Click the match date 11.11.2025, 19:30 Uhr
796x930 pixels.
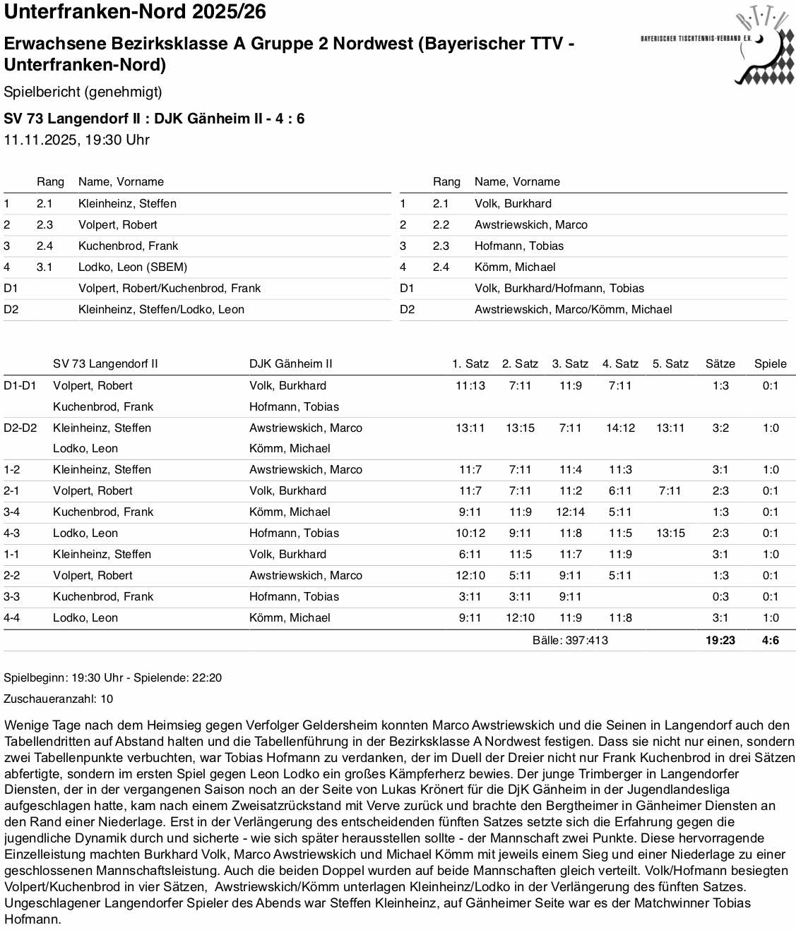(76, 140)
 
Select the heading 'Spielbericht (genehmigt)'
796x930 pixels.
(83, 92)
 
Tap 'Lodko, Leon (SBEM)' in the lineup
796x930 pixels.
(133, 267)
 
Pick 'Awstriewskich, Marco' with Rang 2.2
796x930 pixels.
(530, 224)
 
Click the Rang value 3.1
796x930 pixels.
(44, 267)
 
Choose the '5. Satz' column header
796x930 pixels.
(670, 363)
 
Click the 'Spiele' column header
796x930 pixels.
(770, 363)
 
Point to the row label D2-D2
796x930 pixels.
(20, 428)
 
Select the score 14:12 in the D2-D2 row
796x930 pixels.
(620, 428)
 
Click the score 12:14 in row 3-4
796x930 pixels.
(570, 512)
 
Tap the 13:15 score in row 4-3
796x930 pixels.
(670, 533)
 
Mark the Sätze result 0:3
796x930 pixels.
(720, 596)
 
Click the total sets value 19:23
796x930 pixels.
(720, 640)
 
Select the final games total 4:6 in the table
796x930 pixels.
(770, 640)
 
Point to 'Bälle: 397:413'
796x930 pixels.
(569, 640)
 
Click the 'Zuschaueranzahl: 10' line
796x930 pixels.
(58, 699)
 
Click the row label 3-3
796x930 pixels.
(11, 596)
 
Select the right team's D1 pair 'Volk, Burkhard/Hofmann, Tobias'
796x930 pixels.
(559, 288)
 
